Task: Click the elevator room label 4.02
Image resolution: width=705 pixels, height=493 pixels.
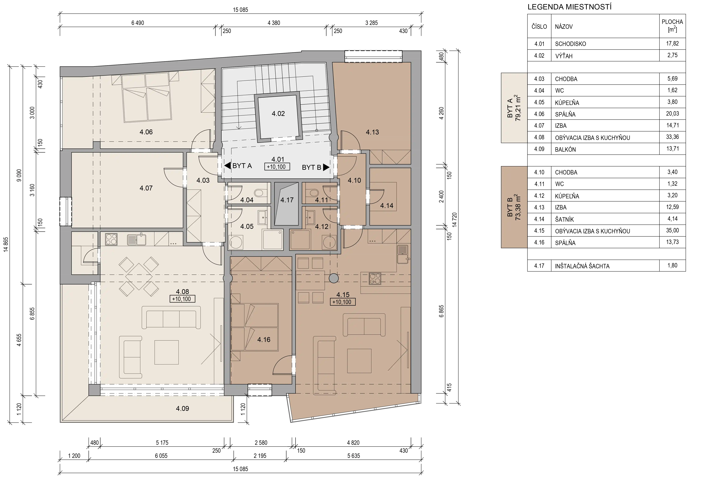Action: click(x=278, y=114)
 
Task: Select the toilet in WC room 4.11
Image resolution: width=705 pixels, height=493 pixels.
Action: click(x=314, y=193)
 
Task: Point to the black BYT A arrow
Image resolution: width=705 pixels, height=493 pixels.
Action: click(x=227, y=166)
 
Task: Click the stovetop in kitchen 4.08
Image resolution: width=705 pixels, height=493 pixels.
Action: click(x=111, y=239)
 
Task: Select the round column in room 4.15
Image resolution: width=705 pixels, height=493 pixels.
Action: click(x=333, y=278)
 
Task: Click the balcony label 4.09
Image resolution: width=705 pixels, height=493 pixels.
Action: click(x=182, y=409)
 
